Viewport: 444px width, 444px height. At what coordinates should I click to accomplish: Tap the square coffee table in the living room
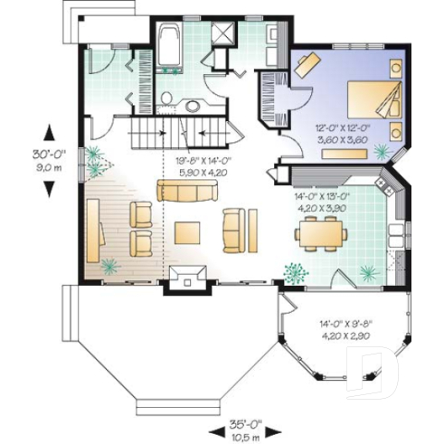(x=189, y=232)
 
